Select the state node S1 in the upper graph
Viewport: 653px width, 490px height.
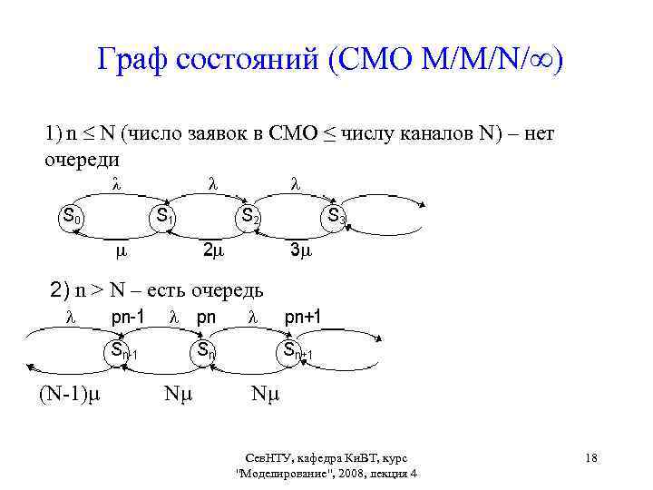tap(164, 218)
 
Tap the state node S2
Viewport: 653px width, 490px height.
tap(249, 218)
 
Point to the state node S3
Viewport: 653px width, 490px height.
tap(336, 218)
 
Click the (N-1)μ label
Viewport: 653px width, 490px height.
tap(69, 395)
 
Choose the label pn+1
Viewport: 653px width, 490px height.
tap(304, 318)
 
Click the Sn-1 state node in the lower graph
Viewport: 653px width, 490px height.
tap(120, 351)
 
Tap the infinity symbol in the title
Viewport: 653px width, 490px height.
tap(541, 63)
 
